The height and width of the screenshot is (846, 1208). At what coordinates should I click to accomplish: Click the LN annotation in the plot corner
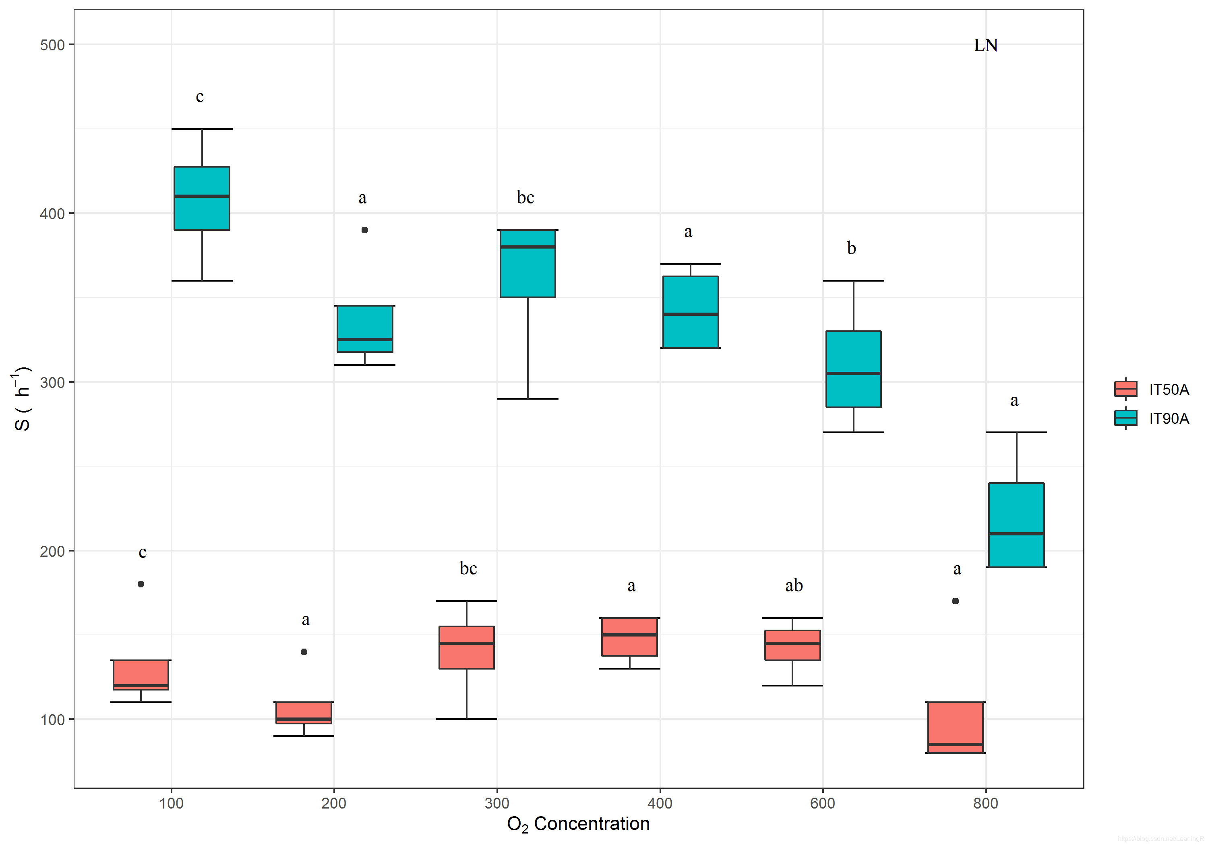click(985, 45)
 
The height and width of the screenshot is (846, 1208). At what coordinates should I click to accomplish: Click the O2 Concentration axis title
click(578, 823)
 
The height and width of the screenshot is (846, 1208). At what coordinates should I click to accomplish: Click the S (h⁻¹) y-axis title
click(22, 398)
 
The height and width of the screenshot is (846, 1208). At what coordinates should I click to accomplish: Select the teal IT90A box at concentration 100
click(202, 199)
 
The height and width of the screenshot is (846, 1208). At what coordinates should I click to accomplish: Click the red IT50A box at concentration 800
click(955, 727)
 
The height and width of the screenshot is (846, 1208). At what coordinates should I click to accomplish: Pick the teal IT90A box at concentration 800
click(1016, 525)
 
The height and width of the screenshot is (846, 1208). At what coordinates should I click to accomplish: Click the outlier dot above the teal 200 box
click(364, 230)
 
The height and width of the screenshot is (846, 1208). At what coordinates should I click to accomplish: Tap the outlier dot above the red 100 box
click(141, 584)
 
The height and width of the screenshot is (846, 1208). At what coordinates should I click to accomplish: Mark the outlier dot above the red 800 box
click(956, 601)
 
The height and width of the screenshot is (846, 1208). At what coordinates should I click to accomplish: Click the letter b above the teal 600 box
click(851, 248)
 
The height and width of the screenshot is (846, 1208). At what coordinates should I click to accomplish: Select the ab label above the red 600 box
click(794, 585)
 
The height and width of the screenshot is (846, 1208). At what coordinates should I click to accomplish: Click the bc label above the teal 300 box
click(525, 197)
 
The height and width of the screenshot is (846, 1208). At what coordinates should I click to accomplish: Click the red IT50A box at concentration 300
click(467, 647)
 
